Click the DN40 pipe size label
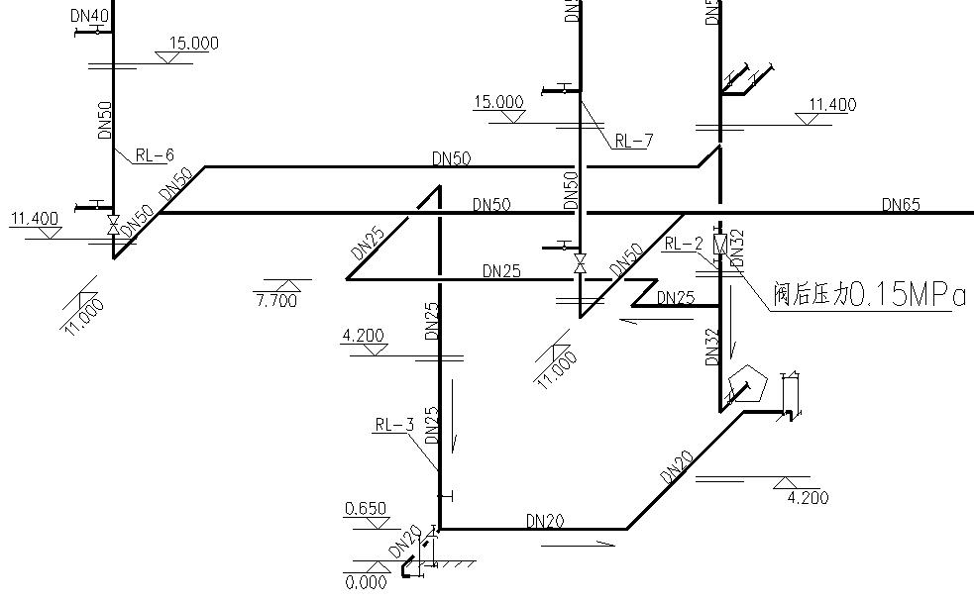91,16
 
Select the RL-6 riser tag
154,154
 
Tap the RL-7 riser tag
633,140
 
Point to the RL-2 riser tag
684,244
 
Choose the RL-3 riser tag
393,426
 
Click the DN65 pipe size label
901,205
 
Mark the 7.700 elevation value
275,300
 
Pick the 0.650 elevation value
365,509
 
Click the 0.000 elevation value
366,582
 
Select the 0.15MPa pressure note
907,295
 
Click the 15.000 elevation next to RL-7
499,101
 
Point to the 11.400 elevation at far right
832,105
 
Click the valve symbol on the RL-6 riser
113,227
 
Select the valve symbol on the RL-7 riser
580,264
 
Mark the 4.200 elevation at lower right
807,498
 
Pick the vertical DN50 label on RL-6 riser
104,119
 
